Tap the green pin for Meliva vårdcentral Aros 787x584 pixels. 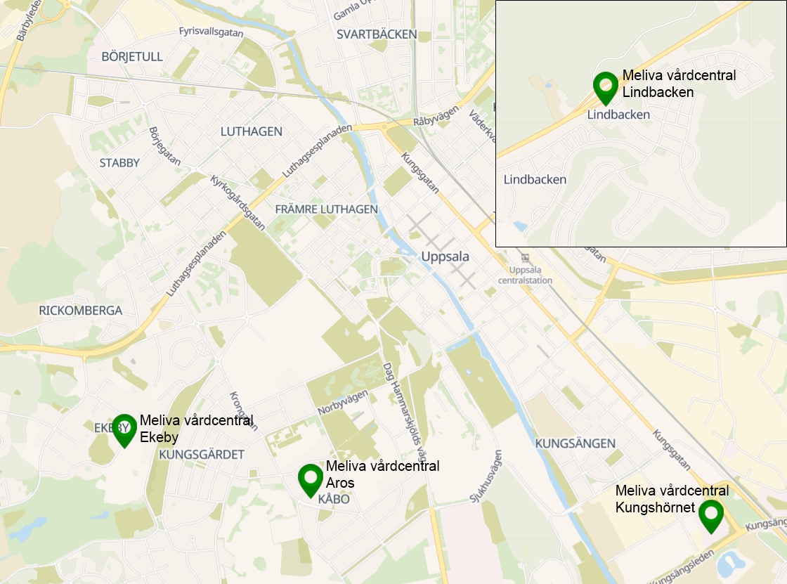311,479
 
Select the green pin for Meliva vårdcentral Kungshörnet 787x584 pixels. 711,514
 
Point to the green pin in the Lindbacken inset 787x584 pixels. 606,86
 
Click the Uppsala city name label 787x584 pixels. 445,257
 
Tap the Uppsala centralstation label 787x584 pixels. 531,275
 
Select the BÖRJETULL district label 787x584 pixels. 132,56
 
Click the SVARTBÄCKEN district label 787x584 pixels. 376,34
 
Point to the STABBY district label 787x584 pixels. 119,162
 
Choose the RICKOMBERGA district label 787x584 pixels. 81,310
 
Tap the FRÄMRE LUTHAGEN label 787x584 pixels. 326,209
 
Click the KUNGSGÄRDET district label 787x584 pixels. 202,455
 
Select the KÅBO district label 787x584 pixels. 334,499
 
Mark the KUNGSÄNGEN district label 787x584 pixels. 575,443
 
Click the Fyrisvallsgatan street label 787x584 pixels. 210,32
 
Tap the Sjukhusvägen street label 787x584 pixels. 484,476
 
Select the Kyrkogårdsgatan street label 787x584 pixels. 238,203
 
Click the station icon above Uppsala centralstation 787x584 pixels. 525,258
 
